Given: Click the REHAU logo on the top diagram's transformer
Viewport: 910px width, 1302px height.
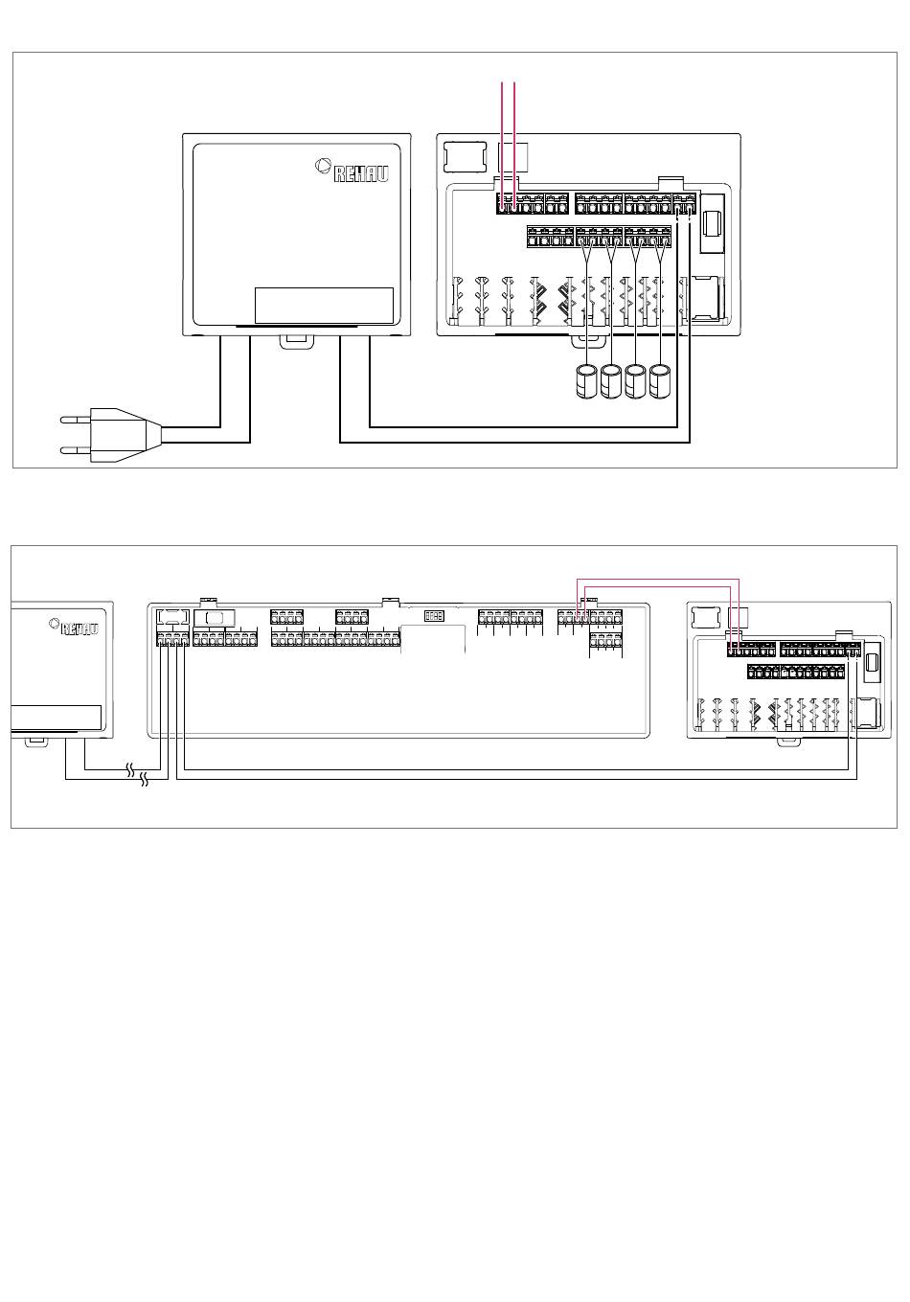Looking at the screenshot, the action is click(353, 171).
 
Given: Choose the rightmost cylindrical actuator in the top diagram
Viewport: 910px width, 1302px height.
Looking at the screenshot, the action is click(661, 381).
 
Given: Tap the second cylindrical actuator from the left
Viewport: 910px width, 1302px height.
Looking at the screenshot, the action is click(611, 381).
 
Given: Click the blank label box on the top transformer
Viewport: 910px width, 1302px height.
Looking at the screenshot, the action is click(324, 306).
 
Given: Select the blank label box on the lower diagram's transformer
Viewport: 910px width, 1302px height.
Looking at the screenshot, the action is click(56, 719).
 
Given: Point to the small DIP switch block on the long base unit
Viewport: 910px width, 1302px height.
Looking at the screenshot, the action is click(434, 616).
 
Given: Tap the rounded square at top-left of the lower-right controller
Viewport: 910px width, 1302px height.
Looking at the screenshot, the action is click(707, 618).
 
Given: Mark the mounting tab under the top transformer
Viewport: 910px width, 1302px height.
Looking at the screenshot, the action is click(296, 339).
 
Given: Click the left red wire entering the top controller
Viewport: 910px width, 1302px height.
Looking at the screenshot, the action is click(504, 144).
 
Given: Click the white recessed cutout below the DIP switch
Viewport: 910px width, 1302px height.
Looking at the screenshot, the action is click(433, 638).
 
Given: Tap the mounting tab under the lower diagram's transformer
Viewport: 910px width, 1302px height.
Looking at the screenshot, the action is click(35, 741).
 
